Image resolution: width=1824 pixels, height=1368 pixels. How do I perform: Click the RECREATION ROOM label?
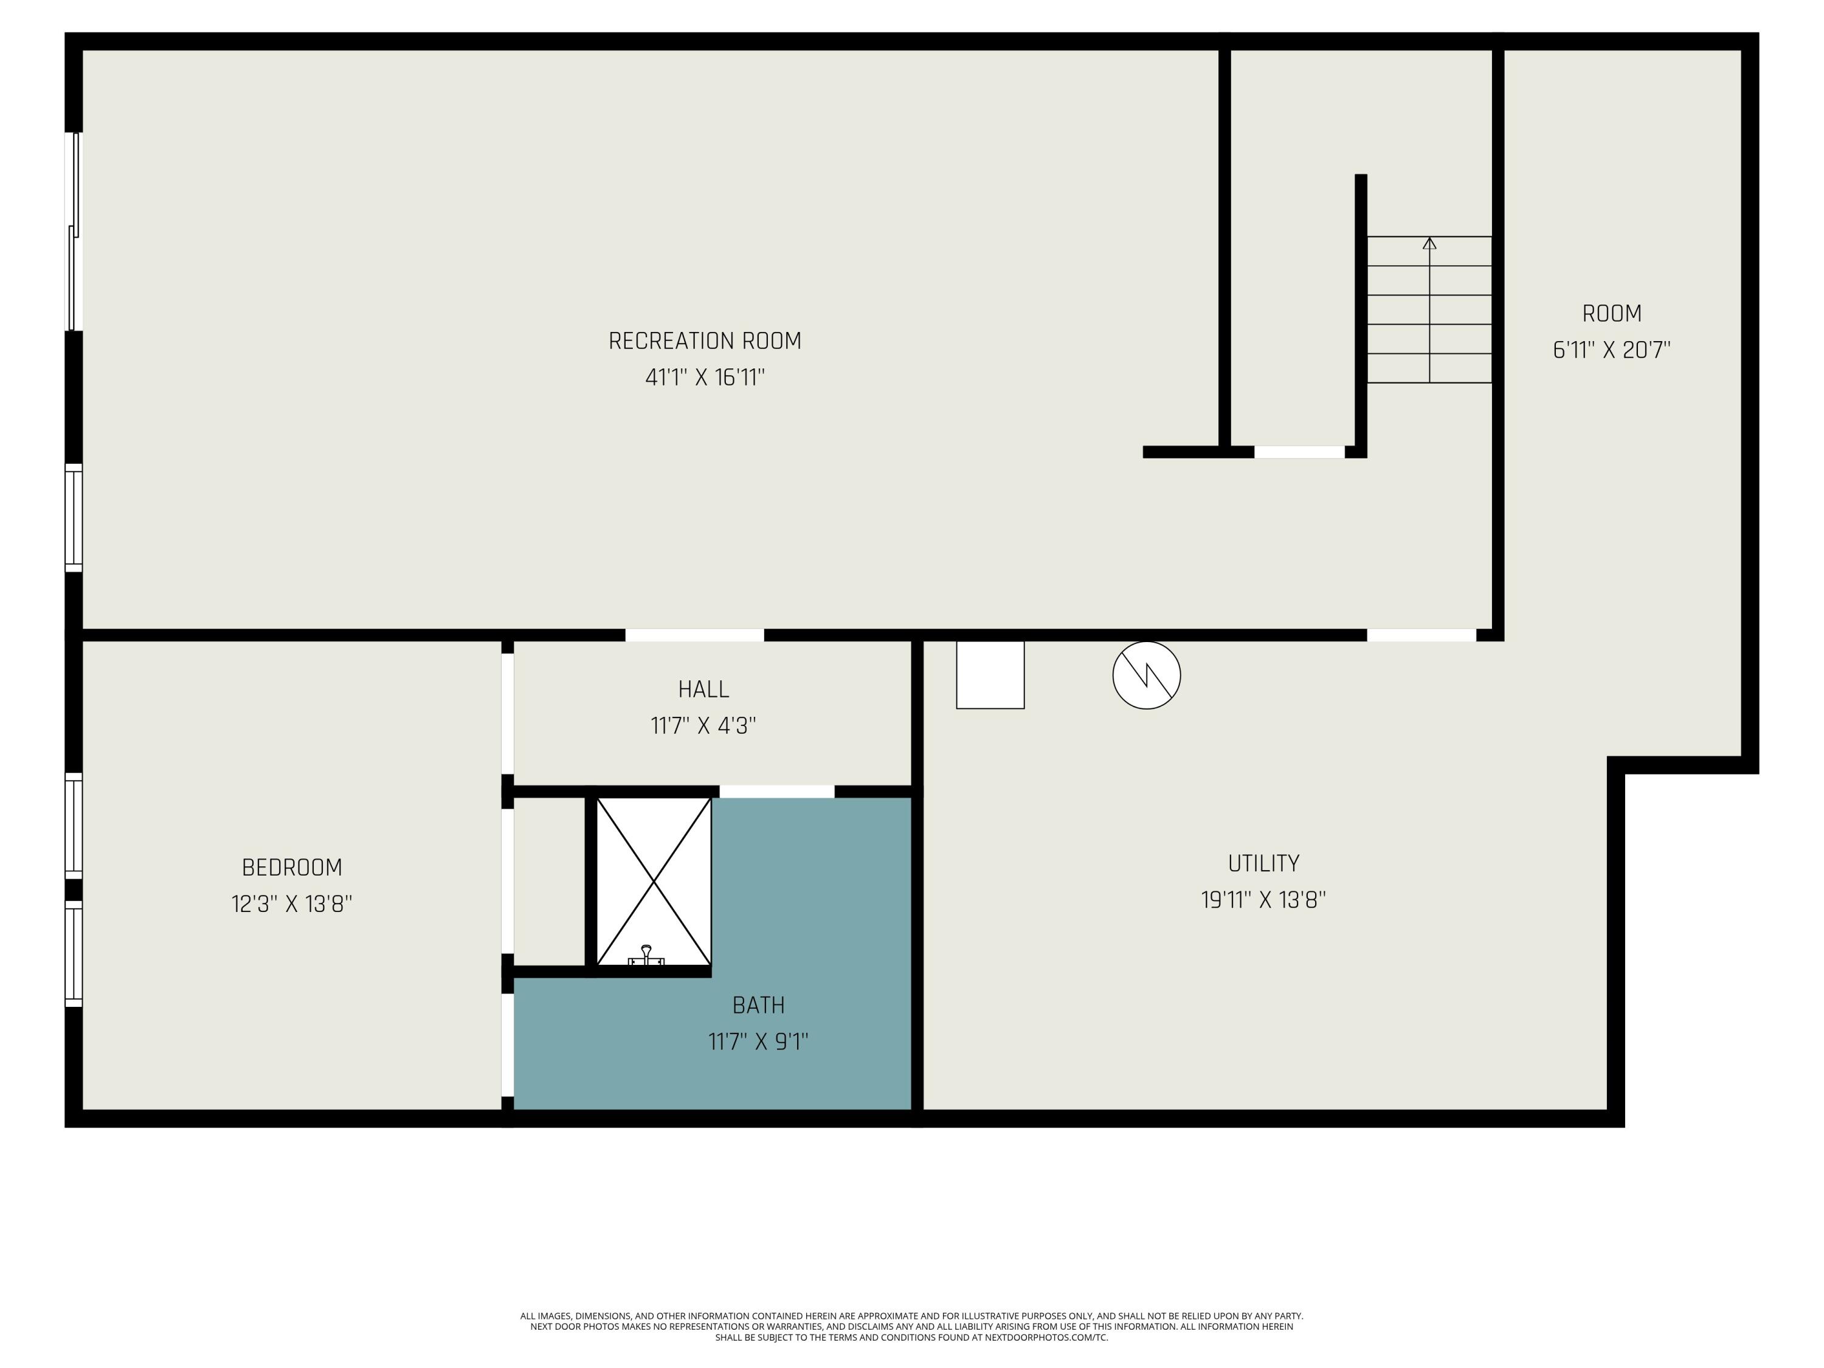coord(705,340)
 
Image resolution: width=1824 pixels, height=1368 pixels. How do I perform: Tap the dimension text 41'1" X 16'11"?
coord(705,378)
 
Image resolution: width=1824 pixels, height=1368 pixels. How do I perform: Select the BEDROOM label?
coord(292,868)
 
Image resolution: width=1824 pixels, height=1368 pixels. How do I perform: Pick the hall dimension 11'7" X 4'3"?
coord(703,725)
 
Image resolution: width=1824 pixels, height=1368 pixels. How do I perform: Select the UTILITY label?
coord(1264,863)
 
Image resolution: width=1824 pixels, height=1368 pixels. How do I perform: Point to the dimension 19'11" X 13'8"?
coord(1264,900)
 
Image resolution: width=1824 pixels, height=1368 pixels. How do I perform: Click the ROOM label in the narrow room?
coord(1612,313)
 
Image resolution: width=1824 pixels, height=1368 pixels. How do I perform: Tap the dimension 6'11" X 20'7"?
coord(1612,350)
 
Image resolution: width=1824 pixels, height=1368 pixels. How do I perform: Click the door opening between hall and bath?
coord(777,792)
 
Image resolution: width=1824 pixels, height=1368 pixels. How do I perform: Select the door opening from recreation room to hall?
coord(694,635)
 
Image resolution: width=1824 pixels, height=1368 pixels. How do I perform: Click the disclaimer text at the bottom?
coord(912,1326)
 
